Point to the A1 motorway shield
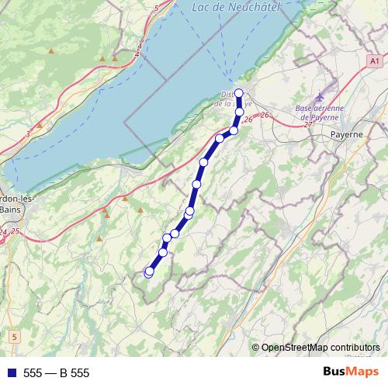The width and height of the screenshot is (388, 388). [x=375, y=60]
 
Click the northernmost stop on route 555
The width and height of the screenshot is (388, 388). [x=239, y=94]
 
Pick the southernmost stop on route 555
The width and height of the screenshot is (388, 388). [x=148, y=272]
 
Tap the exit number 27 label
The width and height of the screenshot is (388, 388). [x=308, y=124]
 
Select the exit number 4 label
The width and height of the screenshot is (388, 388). [x=137, y=55]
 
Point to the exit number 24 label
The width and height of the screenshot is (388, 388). [x=4, y=232]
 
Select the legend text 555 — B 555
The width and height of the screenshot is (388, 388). [x=57, y=373]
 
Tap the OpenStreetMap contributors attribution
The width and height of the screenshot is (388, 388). [x=320, y=348]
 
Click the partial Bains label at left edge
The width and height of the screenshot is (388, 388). [x=9, y=210]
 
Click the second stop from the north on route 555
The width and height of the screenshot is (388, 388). [x=240, y=113]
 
